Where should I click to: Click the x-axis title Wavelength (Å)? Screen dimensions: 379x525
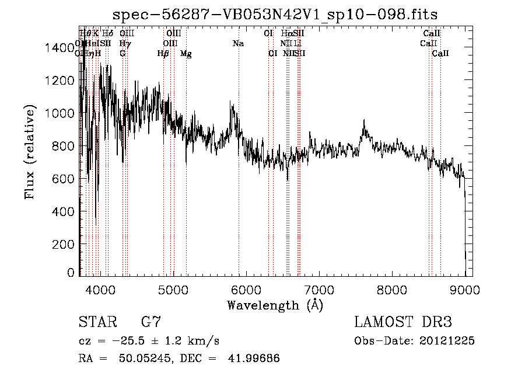pos(274,305)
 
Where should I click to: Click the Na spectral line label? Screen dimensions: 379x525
pos(238,44)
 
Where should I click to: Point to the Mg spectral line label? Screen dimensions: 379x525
pos(185,54)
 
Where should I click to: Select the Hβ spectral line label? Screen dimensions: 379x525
pos(163,54)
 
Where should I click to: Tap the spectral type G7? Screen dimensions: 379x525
pos(150,322)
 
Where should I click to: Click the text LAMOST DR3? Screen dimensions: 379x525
pos(402,322)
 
